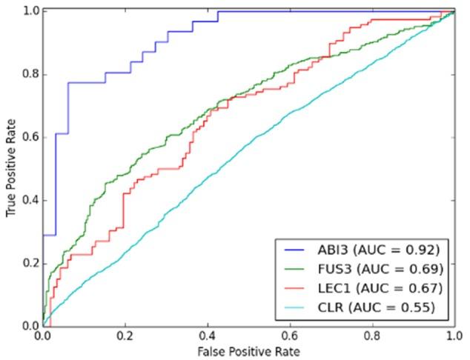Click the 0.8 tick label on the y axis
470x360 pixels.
tap(30, 75)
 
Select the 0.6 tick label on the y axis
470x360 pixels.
tap(30, 138)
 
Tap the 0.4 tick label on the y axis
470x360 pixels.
tap(30, 201)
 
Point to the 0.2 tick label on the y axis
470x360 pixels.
tap(30, 264)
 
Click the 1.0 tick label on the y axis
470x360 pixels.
tap(30, 12)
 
